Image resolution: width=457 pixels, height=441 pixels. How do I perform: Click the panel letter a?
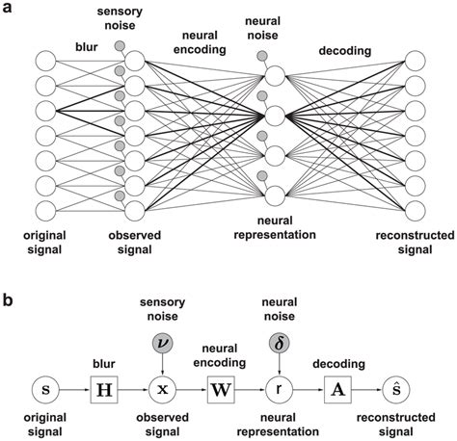point(9,9)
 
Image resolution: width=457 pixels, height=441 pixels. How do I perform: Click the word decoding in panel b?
point(336,364)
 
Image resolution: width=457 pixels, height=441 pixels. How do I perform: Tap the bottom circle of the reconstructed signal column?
point(416,210)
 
